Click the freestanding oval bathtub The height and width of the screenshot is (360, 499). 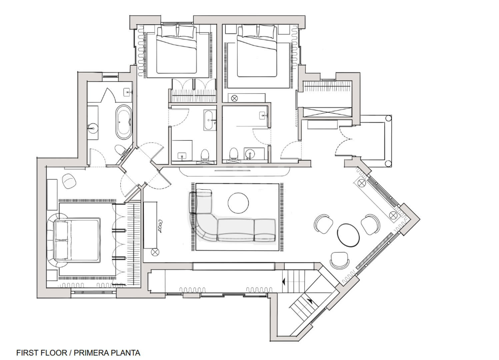pyautogui.click(x=123, y=122)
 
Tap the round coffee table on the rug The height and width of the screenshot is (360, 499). pyautogui.click(x=238, y=203)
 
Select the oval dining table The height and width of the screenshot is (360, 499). pyautogui.click(x=348, y=235)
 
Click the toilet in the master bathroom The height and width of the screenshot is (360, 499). pyautogui.click(x=121, y=150)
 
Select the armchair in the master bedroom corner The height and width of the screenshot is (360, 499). pyautogui.click(x=69, y=181)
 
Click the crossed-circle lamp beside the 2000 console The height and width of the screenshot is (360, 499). pyautogui.click(x=155, y=252)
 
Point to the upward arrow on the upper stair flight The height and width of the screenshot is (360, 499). pyautogui.click(x=284, y=282)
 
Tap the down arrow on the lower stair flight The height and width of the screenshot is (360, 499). pyautogui.click(x=310, y=301)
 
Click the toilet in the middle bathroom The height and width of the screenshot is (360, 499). pyautogui.click(x=205, y=154)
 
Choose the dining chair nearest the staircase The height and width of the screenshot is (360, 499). pyautogui.click(x=339, y=260)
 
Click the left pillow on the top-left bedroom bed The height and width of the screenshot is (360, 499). pyautogui.click(x=169, y=31)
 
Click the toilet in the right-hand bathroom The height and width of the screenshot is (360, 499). pyautogui.click(x=234, y=153)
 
